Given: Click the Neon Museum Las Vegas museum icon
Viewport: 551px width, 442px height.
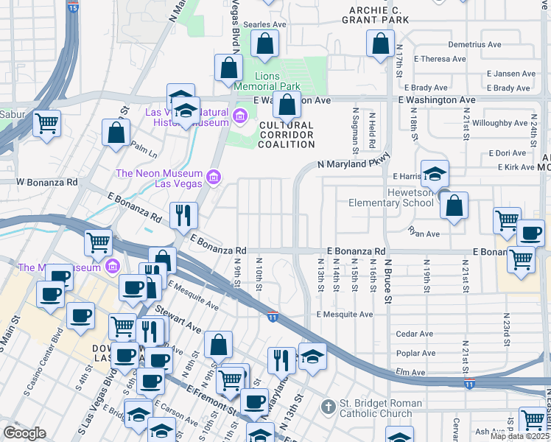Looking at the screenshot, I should pyautogui.click(x=213, y=177).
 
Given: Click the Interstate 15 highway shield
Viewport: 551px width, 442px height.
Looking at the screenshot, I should pyautogui.click(x=72, y=7).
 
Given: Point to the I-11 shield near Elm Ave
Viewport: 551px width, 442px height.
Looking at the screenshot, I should pyautogui.click(x=470, y=383).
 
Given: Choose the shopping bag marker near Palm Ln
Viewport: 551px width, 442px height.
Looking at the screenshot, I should pyautogui.click(x=116, y=133).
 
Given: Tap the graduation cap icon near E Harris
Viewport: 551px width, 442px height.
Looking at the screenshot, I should pyautogui.click(x=435, y=174).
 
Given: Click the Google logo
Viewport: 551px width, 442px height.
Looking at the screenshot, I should pyautogui.click(x=24, y=433).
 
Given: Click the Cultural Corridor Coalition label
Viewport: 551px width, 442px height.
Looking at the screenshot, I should pyautogui.click(x=287, y=135).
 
